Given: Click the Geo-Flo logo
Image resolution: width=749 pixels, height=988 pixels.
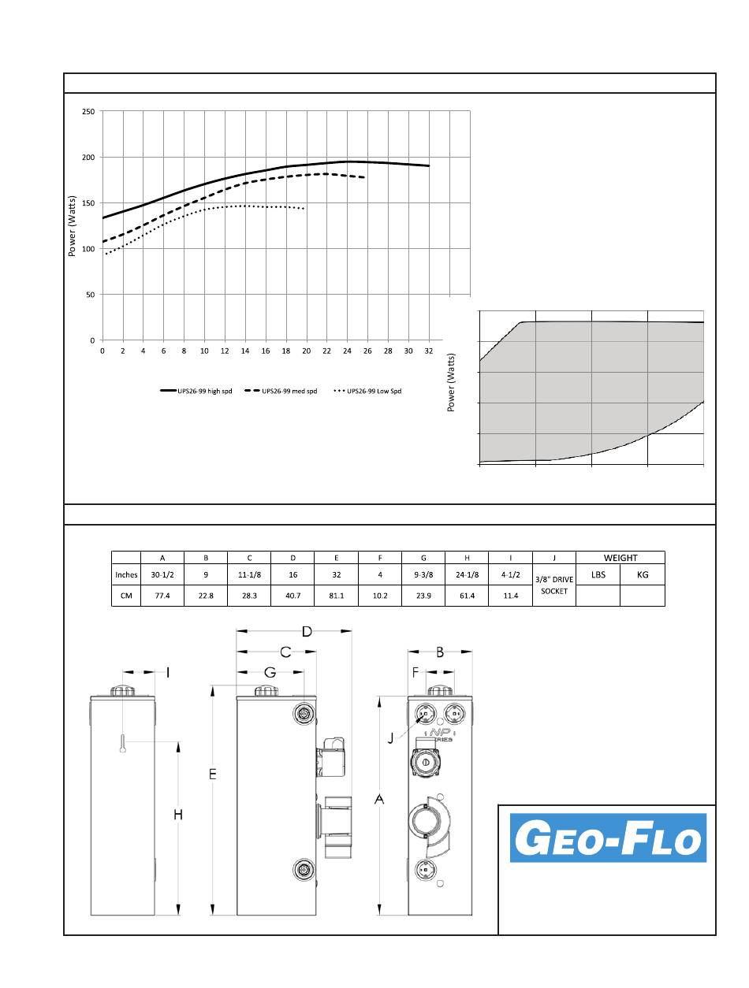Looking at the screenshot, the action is pos(608,838).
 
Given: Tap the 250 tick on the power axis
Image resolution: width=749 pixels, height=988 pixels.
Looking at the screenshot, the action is pos(88,112).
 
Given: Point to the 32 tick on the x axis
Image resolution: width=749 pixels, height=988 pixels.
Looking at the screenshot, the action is pos(428,351).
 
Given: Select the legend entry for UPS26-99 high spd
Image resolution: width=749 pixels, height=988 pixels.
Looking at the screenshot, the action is pos(196,391).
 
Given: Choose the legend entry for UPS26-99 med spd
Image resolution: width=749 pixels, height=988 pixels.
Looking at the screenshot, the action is pos(281,391).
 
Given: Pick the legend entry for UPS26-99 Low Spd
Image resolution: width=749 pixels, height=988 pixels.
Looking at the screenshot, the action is pos(367,391).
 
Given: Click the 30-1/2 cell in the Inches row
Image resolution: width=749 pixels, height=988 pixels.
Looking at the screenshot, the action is pos(162,575).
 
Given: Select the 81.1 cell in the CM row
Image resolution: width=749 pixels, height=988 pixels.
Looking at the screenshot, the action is pos(337,596).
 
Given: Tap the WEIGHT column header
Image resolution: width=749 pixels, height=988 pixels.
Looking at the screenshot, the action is pos(620,558).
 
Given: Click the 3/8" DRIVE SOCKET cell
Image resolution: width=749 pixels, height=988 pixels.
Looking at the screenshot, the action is pos(554,585).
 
